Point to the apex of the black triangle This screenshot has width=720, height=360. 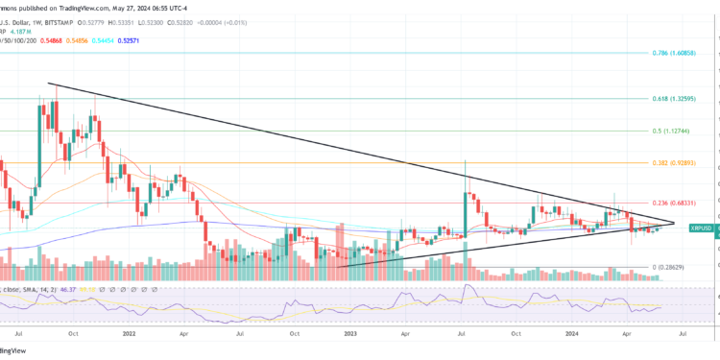pos(675,223)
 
